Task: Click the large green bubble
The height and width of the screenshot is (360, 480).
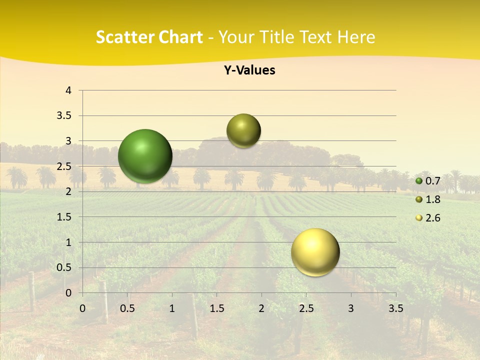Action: point(145,156)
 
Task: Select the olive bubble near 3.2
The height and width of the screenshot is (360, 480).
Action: point(243,130)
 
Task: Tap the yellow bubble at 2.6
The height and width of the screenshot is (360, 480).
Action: point(315,252)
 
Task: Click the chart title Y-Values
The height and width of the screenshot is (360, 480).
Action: point(249,70)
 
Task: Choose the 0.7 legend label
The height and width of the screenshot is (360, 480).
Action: point(432,181)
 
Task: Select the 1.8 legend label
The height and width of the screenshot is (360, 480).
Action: point(432,199)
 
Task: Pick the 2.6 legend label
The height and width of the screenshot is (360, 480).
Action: point(432,218)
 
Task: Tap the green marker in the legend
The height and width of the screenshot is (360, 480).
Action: point(419,181)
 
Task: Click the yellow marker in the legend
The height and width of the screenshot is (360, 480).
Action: point(419,218)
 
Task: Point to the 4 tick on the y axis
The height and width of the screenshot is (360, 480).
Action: point(69,90)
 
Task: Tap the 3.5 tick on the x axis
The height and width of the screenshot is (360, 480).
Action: point(395,308)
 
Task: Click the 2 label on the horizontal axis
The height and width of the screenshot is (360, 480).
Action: point(261,308)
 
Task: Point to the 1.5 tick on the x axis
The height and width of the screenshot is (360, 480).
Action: point(216,308)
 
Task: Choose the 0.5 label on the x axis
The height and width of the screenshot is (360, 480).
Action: point(127,308)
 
